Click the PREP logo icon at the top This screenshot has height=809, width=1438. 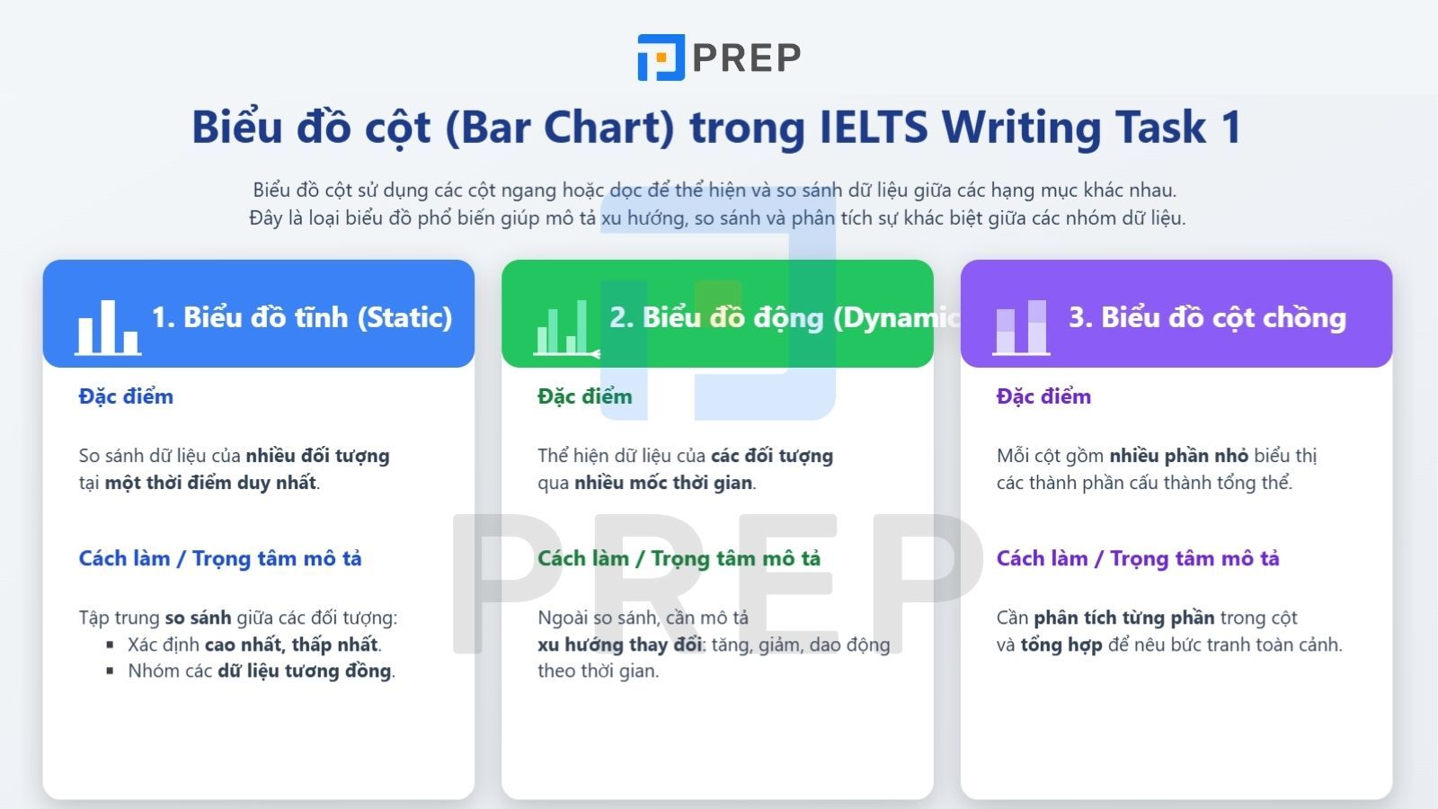click(x=661, y=58)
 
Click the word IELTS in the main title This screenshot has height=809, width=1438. click(x=874, y=127)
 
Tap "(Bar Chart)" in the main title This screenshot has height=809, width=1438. click(x=559, y=127)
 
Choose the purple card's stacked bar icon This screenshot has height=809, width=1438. click(x=1021, y=327)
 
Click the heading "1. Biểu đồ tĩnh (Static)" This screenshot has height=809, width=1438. click(x=302, y=317)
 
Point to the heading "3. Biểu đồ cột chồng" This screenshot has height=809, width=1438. click(x=1207, y=317)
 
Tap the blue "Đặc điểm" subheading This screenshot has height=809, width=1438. click(x=126, y=396)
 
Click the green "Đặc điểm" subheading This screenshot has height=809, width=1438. click(x=585, y=396)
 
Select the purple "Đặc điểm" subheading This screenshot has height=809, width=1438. click(x=1043, y=396)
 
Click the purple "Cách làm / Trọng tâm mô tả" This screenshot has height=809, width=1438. click(x=1138, y=558)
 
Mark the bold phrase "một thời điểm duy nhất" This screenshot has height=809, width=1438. click(x=210, y=483)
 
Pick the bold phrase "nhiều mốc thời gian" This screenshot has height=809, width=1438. click(x=663, y=483)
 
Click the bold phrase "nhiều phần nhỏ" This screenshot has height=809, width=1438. click(x=1178, y=456)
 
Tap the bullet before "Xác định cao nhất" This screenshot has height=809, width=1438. click(x=110, y=645)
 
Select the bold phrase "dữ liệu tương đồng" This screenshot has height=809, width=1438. click(x=304, y=671)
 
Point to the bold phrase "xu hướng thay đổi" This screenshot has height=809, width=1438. click(x=619, y=645)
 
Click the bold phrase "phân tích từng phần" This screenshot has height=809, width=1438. click(x=1123, y=618)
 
